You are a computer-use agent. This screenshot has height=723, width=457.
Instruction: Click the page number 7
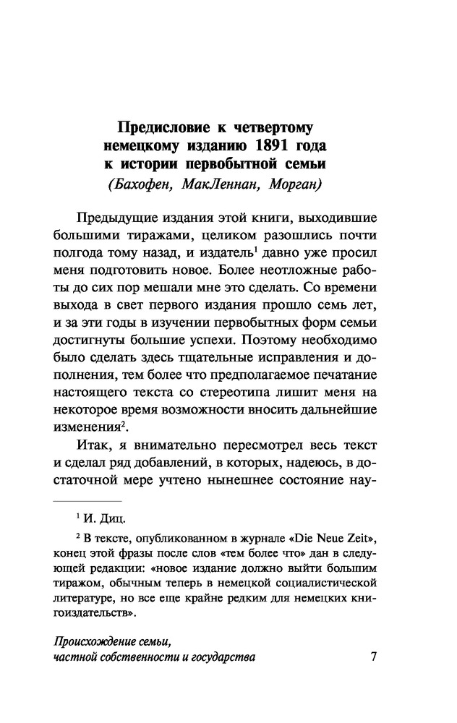[x=373, y=656]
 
